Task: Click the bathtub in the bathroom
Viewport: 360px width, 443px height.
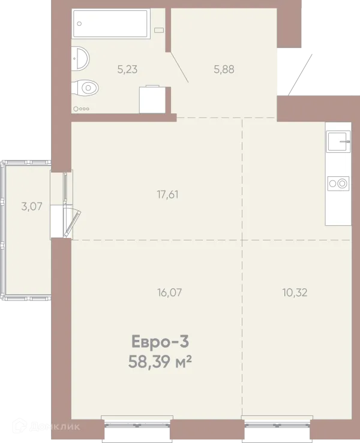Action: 110,23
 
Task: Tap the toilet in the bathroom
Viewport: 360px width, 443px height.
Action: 85,88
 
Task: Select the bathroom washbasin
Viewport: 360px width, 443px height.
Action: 80,59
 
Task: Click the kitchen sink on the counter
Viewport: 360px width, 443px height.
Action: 338,141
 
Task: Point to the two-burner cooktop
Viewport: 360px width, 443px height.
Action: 338,183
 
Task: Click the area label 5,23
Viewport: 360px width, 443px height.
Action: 128,69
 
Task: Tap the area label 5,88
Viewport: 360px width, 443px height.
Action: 224,69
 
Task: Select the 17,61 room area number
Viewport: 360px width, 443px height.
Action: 167,195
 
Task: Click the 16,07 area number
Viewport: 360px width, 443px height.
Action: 169,293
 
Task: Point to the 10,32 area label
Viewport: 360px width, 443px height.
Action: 295,293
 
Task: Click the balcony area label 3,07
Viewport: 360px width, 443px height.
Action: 32,207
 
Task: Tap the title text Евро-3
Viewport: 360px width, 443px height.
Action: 160,342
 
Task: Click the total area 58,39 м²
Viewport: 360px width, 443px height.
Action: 160,361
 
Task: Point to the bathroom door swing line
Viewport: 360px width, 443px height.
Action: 179,67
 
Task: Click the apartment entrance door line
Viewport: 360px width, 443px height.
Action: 300,75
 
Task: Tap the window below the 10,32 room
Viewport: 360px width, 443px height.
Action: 277,424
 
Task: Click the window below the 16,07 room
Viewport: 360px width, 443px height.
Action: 137,424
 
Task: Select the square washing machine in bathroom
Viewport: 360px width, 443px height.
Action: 152,99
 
